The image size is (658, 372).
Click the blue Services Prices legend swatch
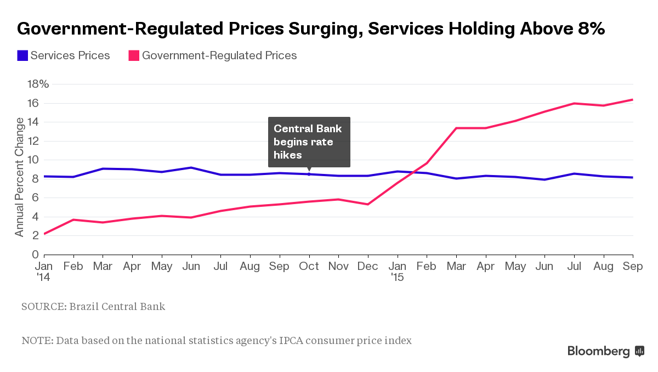click(22, 55)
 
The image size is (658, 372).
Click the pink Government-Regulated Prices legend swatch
click(134, 55)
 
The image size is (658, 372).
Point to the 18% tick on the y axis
click(38, 84)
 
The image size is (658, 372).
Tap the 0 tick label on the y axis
click(35, 255)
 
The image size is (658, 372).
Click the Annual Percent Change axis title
click(20, 177)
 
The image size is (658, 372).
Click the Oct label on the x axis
click(309, 266)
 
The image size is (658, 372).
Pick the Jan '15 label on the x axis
click(398, 271)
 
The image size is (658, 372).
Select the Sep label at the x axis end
click(633, 266)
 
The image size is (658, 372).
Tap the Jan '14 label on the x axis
click(44, 271)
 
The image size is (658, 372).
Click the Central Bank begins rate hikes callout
click(309, 142)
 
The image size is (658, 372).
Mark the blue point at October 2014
click(309, 174)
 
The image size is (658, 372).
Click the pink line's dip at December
click(368, 204)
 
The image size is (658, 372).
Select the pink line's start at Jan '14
click(44, 234)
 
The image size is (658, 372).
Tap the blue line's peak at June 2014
click(191, 167)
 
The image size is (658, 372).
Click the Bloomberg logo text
click(598, 351)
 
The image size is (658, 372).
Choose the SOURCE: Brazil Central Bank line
click(93, 306)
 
